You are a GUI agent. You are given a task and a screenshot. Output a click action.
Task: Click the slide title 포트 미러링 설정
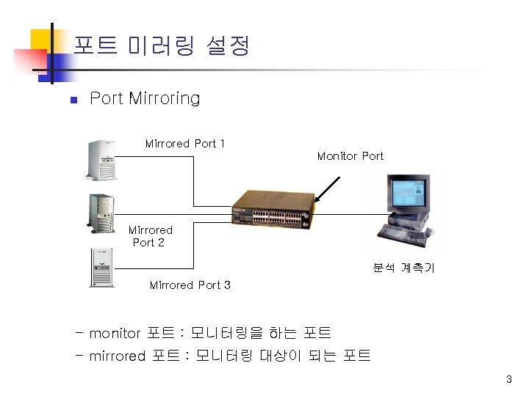pos(162,47)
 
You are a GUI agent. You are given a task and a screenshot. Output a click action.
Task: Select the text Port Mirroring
pos(144,98)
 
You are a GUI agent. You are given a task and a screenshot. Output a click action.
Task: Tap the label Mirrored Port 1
pos(185,144)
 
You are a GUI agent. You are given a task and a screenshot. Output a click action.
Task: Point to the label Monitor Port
pos(350,156)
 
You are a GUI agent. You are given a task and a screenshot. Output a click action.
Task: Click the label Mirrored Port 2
pos(150,236)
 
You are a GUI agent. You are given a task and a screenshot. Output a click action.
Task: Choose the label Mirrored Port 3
pos(190,285)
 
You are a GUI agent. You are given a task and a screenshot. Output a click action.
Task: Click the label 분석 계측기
pos(403,268)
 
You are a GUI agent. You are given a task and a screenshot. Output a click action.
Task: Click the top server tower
pos(101,160)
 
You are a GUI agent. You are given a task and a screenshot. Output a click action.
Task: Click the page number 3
pos(508,379)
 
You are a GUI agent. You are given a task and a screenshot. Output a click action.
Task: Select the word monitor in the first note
pos(114,334)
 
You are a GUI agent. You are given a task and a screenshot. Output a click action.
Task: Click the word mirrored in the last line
pos(118,356)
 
